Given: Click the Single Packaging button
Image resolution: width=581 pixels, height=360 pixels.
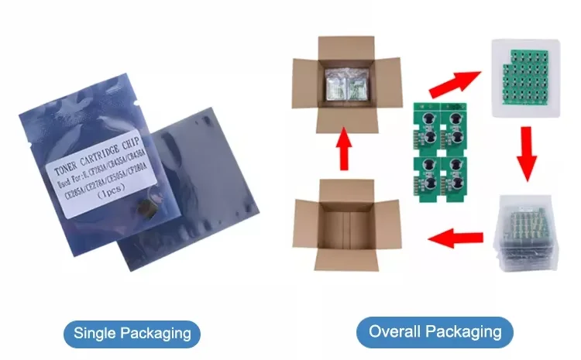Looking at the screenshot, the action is [132, 333].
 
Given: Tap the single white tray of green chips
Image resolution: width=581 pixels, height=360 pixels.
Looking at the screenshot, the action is [527, 78].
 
